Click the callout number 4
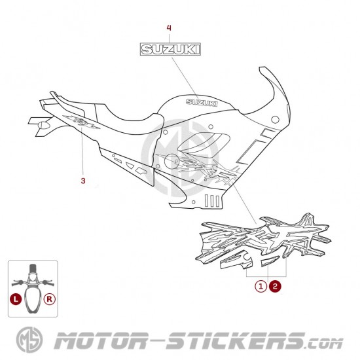[x=169, y=28]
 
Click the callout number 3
[x=83, y=181]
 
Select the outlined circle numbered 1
[x=261, y=286]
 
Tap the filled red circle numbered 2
[x=275, y=286]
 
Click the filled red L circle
[x=16, y=299]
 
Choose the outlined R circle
[x=50, y=299]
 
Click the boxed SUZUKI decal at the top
[x=170, y=49]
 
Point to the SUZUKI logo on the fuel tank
[x=202, y=103]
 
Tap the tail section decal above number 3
[x=81, y=122]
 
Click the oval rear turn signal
[x=44, y=125]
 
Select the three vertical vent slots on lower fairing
[x=212, y=200]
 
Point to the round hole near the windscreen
[x=275, y=119]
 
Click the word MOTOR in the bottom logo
[x=101, y=341]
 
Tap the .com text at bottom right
[x=324, y=344]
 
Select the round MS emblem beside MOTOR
[x=29, y=340]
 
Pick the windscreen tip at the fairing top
[x=262, y=68]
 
